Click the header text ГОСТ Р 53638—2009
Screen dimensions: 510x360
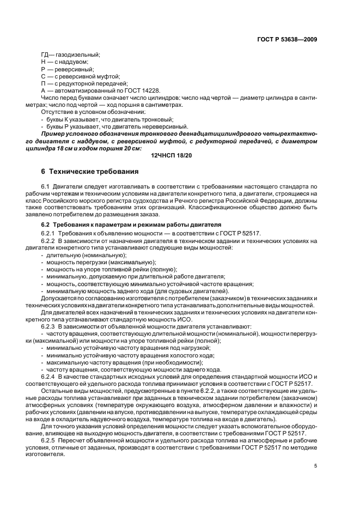point(288,39)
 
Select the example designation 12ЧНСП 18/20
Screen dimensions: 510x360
point(175,156)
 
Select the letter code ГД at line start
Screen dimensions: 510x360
point(46,54)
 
